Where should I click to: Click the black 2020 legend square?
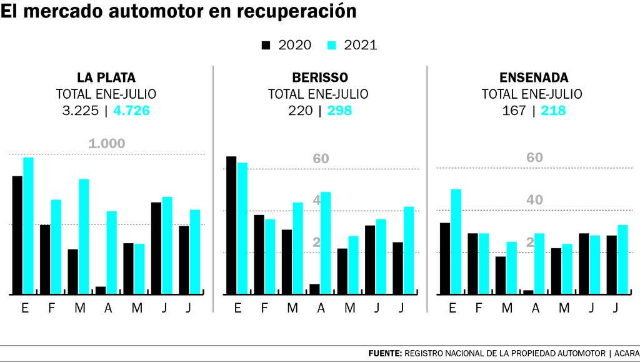[x=266, y=46]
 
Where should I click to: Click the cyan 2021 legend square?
[x=332, y=46]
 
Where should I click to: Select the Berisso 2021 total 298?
[x=339, y=111]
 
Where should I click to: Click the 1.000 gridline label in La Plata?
[x=106, y=144]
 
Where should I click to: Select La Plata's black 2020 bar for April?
[x=100, y=290]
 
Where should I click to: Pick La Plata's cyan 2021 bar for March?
[x=84, y=236]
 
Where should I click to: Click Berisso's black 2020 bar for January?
[x=231, y=225]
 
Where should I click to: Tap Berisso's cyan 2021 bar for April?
[x=325, y=243]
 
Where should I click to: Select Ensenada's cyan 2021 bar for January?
[x=456, y=241]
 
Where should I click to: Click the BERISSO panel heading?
[x=320, y=78]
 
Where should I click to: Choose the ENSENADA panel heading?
[x=534, y=78]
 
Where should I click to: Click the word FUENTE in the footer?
[x=385, y=353]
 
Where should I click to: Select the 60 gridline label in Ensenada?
[x=534, y=158]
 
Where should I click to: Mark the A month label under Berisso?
[x=321, y=308]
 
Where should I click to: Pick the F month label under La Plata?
[x=52, y=308]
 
